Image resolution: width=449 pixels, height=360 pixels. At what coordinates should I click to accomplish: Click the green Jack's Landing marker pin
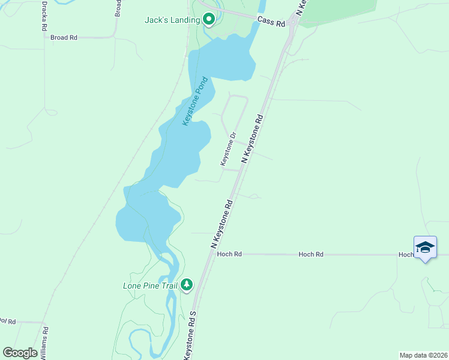(x=209, y=20)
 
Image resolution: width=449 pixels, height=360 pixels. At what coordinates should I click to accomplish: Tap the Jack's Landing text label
(x=172, y=20)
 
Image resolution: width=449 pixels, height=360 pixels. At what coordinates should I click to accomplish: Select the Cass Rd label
(x=271, y=21)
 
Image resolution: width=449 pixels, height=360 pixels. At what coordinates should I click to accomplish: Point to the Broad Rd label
(x=64, y=37)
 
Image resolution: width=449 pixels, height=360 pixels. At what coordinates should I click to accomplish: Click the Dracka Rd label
(x=44, y=16)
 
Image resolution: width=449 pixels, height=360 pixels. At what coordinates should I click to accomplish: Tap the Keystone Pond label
(x=195, y=101)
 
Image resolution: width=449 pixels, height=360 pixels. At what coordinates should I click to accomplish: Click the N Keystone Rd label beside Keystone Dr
(x=253, y=139)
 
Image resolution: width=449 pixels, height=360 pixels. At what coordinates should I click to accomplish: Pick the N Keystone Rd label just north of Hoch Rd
(x=221, y=224)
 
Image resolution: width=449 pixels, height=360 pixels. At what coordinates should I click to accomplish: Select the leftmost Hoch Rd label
(x=229, y=254)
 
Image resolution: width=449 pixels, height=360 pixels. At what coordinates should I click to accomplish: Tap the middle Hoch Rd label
(x=311, y=254)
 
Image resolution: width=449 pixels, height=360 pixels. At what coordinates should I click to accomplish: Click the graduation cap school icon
(x=425, y=247)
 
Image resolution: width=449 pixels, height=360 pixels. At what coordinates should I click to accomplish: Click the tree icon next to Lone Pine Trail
(x=187, y=284)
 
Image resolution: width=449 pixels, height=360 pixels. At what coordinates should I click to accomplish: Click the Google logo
(x=20, y=353)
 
